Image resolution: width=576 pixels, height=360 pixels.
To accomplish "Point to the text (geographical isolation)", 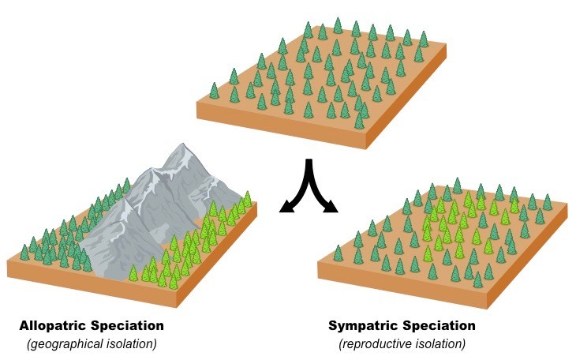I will pos(92,344).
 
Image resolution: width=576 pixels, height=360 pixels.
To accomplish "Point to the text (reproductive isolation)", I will pos(402,344).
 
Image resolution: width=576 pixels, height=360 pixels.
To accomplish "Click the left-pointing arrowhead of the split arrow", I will pos(285,208).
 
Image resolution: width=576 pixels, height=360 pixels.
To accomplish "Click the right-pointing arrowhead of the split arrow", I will pos(331,208).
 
